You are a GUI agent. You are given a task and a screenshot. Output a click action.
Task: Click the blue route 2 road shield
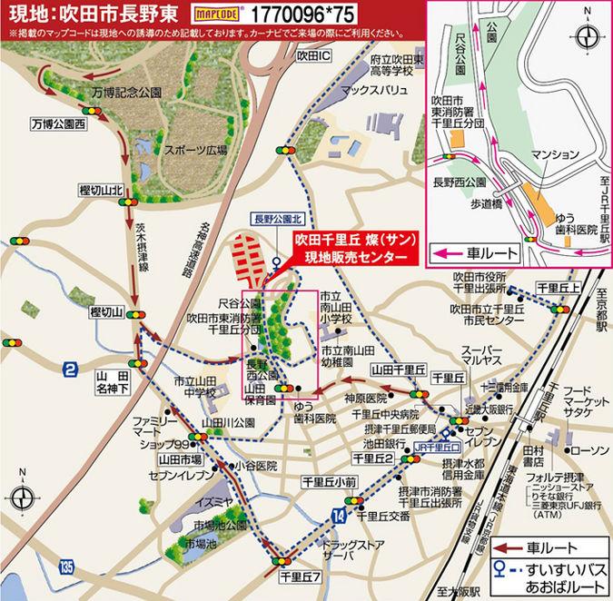click(70, 369)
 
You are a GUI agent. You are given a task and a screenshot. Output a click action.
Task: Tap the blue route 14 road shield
click(339, 516)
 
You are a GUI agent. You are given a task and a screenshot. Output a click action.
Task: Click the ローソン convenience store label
click(591, 450)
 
